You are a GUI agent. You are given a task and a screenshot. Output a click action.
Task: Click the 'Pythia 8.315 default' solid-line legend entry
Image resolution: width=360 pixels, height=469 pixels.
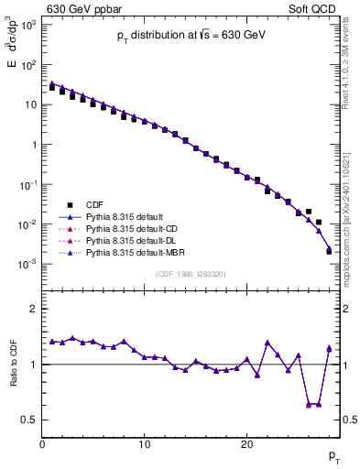pos(124,216)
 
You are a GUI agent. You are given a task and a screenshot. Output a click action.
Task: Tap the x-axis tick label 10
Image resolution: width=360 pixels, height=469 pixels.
pos(144,444)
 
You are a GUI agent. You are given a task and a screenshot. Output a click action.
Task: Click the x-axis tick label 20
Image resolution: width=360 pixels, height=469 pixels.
pos(246,444)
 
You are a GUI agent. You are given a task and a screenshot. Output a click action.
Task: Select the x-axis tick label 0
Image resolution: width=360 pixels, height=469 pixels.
pos(42,444)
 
